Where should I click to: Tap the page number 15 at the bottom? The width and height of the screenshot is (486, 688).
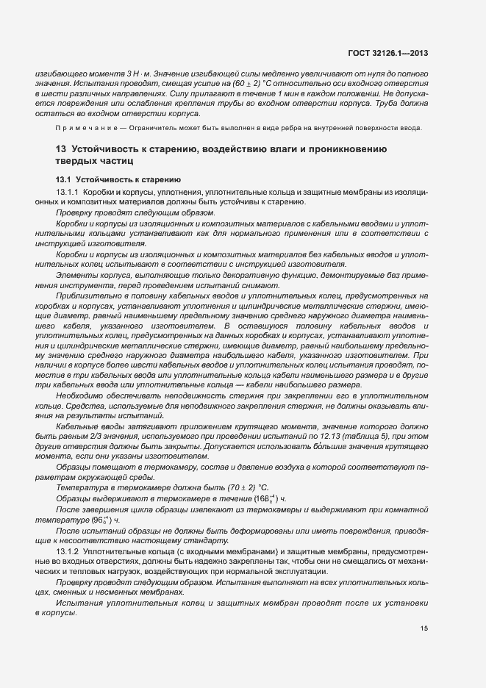click(x=424, y=628)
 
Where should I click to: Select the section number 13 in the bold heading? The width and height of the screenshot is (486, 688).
click(x=60, y=149)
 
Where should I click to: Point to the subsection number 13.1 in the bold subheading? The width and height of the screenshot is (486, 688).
click(x=62, y=179)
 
